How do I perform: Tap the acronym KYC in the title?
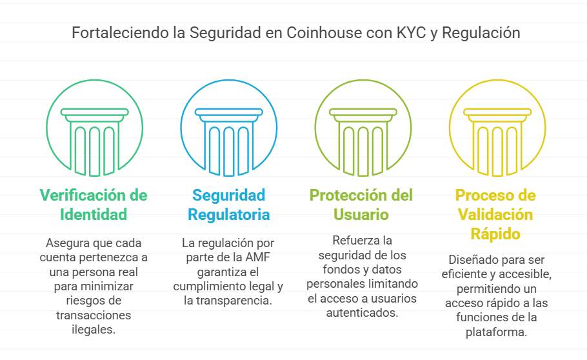(412, 33)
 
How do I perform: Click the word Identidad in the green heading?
(94, 215)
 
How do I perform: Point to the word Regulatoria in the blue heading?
(229, 215)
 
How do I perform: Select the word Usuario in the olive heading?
(361, 215)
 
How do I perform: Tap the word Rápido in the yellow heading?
(495, 234)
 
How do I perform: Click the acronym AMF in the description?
(257, 257)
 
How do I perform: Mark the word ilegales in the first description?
(94, 330)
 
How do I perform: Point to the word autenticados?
(362, 313)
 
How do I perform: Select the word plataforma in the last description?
(497, 332)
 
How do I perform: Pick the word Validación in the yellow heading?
(495, 215)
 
